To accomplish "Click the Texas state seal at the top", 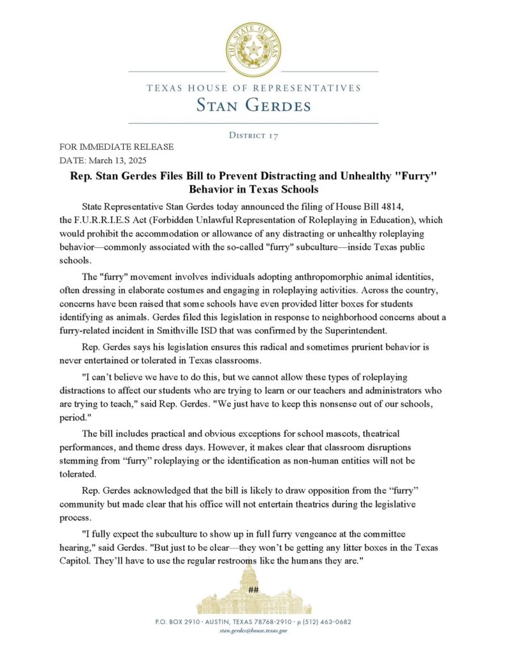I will [253, 49].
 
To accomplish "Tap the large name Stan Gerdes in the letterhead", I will [253, 104].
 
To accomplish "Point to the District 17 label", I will [253, 135].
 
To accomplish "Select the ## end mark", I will [253, 589].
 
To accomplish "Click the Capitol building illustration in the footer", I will [253, 593].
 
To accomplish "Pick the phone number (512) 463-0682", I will [327, 622].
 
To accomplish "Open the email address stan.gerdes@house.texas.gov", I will [253, 631].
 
